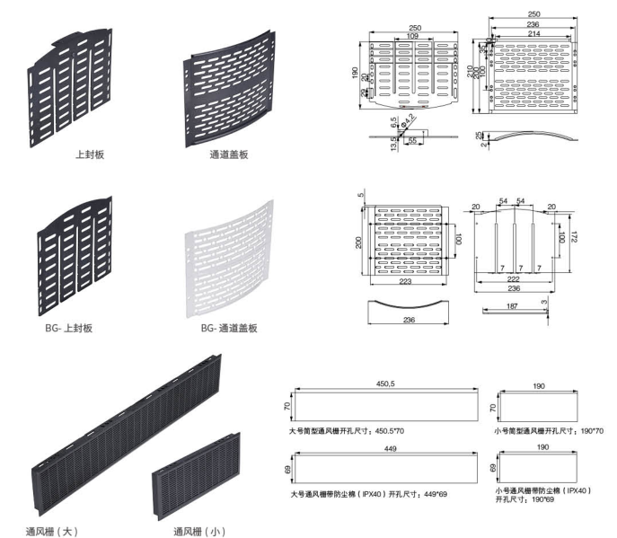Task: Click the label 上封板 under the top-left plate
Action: pyautogui.click(x=89, y=154)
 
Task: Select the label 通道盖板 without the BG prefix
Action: pyautogui.click(x=228, y=154)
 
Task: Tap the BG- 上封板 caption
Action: pyautogui.click(x=69, y=328)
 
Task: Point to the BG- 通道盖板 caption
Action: pyautogui.click(x=229, y=328)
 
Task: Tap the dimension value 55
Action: pyautogui.click(x=414, y=141)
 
